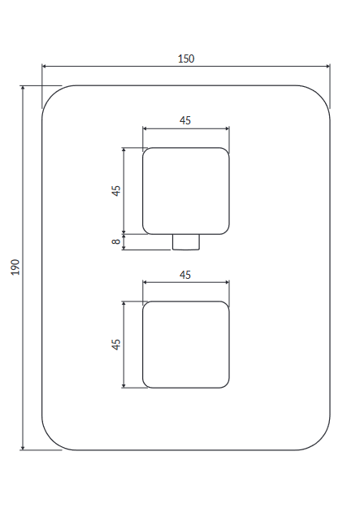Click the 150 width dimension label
pyautogui.click(x=186, y=59)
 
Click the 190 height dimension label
pyautogui.click(x=15, y=267)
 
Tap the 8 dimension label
pyautogui.click(x=115, y=241)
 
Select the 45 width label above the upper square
pyautogui.click(x=185, y=120)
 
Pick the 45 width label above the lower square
pyautogui.click(x=185, y=275)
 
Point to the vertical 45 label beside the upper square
pyautogui.click(x=115, y=191)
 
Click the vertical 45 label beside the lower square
pyautogui.click(x=115, y=345)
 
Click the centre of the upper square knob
pyautogui.click(x=186, y=191)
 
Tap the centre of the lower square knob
pyautogui.click(x=186, y=345)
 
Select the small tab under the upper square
pyautogui.click(x=186, y=242)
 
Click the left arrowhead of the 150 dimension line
pyautogui.click(x=45, y=67)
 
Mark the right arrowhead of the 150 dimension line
pyautogui.click(x=327, y=67)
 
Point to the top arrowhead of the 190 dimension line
pyautogui.click(x=23, y=88)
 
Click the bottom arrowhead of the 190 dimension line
pyautogui.click(x=23, y=448)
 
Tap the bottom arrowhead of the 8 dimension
pyautogui.click(x=124, y=248)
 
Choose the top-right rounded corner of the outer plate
pyautogui.click(x=320, y=95)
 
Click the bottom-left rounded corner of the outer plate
pyautogui.click(x=52, y=441)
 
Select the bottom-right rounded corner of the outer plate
pyautogui.click(x=320, y=441)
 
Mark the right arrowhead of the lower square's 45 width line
pyautogui.click(x=227, y=283)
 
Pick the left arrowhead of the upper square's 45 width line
pyautogui.click(x=145, y=128)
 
